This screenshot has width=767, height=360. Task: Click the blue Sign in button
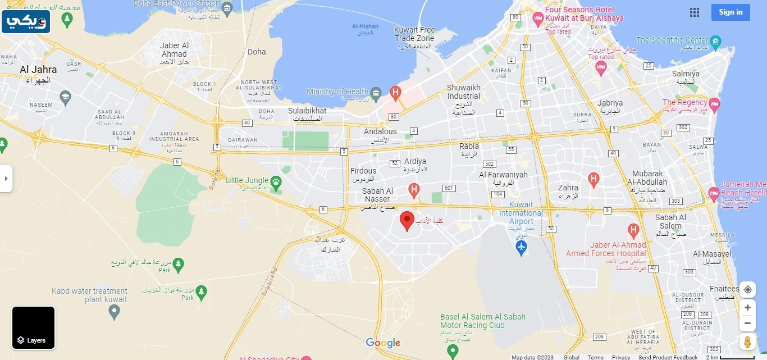click(x=730, y=12)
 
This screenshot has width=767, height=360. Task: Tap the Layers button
click(x=34, y=328)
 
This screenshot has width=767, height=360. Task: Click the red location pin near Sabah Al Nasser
click(x=407, y=220)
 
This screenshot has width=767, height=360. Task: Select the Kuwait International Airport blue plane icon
click(x=521, y=247)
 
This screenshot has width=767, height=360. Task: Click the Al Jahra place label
click(x=38, y=70)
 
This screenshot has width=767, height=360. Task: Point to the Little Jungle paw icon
click(x=276, y=181)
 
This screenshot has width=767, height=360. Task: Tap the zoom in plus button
click(x=747, y=308)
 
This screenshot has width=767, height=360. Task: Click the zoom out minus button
click(x=747, y=323)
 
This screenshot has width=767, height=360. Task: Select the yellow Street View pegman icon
click(x=747, y=341)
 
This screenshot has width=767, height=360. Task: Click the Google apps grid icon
click(x=695, y=12)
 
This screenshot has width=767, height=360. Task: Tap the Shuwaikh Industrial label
click(x=464, y=92)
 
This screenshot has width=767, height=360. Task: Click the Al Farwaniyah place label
click(x=503, y=175)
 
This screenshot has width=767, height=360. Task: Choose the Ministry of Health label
click(x=337, y=92)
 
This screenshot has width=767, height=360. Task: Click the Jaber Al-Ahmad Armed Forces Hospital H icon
click(x=633, y=230)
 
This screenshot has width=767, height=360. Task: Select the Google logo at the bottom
click(x=383, y=343)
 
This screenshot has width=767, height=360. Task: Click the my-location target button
click(x=747, y=290)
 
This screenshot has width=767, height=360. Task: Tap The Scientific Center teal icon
click(x=715, y=41)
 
